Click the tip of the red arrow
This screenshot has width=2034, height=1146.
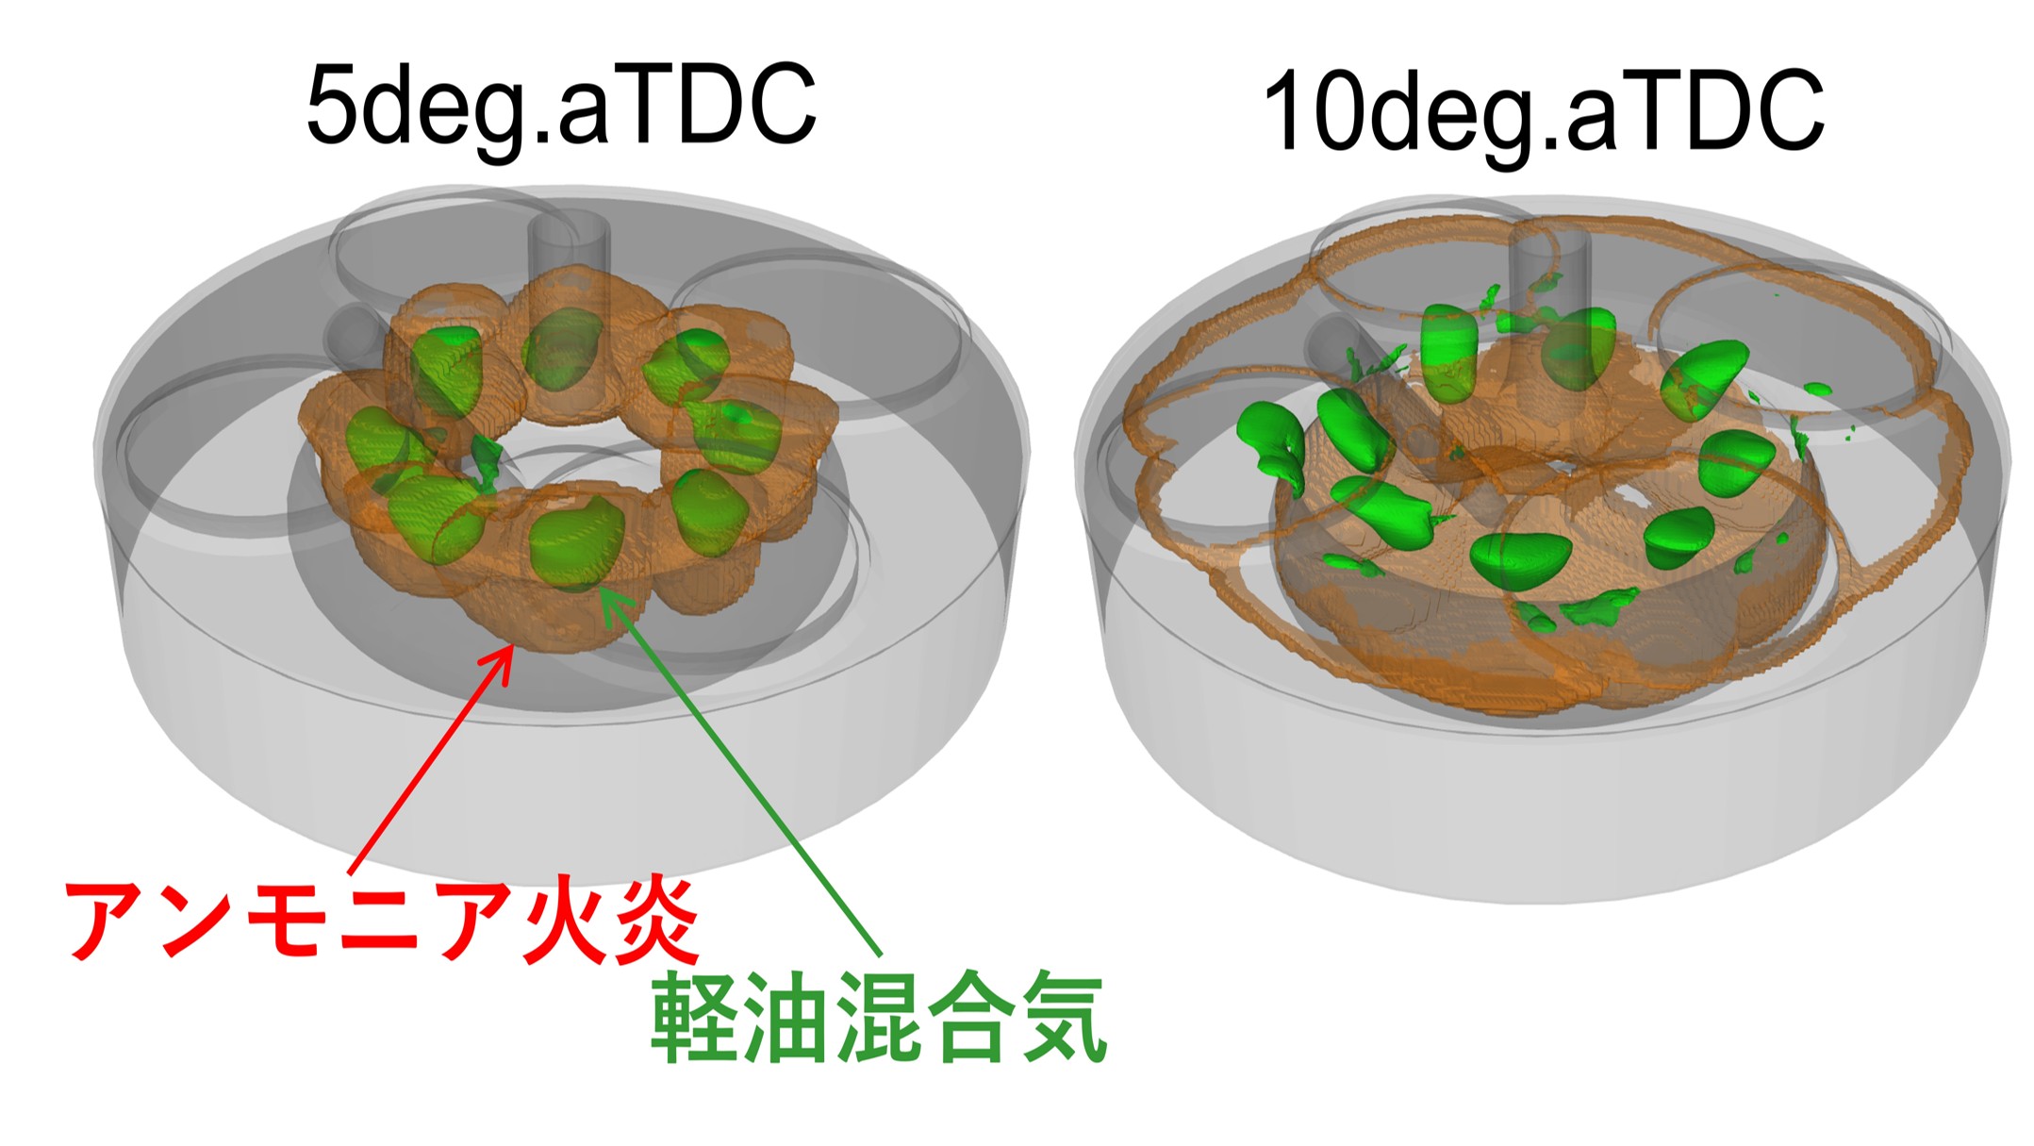click(x=512, y=645)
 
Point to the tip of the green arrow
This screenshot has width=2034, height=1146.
click(x=604, y=590)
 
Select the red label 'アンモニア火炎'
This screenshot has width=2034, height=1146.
click(x=383, y=919)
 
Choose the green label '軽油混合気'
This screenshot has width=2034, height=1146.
click(x=878, y=1017)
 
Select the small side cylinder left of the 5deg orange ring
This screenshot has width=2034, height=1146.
click(x=355, y=334)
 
